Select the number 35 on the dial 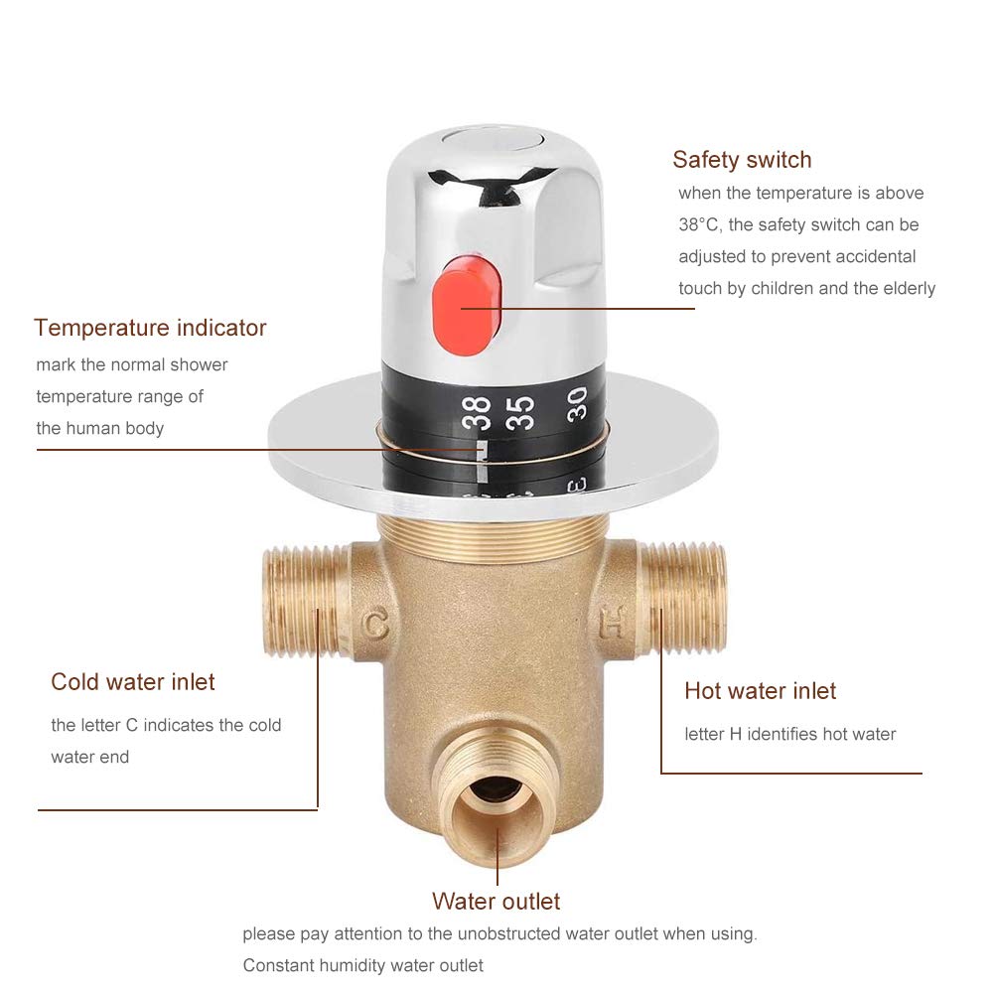point(523,408)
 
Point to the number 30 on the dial point(577,401)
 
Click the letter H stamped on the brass point(614,626)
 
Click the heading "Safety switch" point(742,160)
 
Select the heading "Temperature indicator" point(150,328)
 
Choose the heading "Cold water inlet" point(133,682)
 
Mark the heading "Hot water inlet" point(760,691)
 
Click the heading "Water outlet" point(496,902)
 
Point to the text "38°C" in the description point(699,225)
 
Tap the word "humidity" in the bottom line point(360,965)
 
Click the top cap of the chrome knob point(466,139)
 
